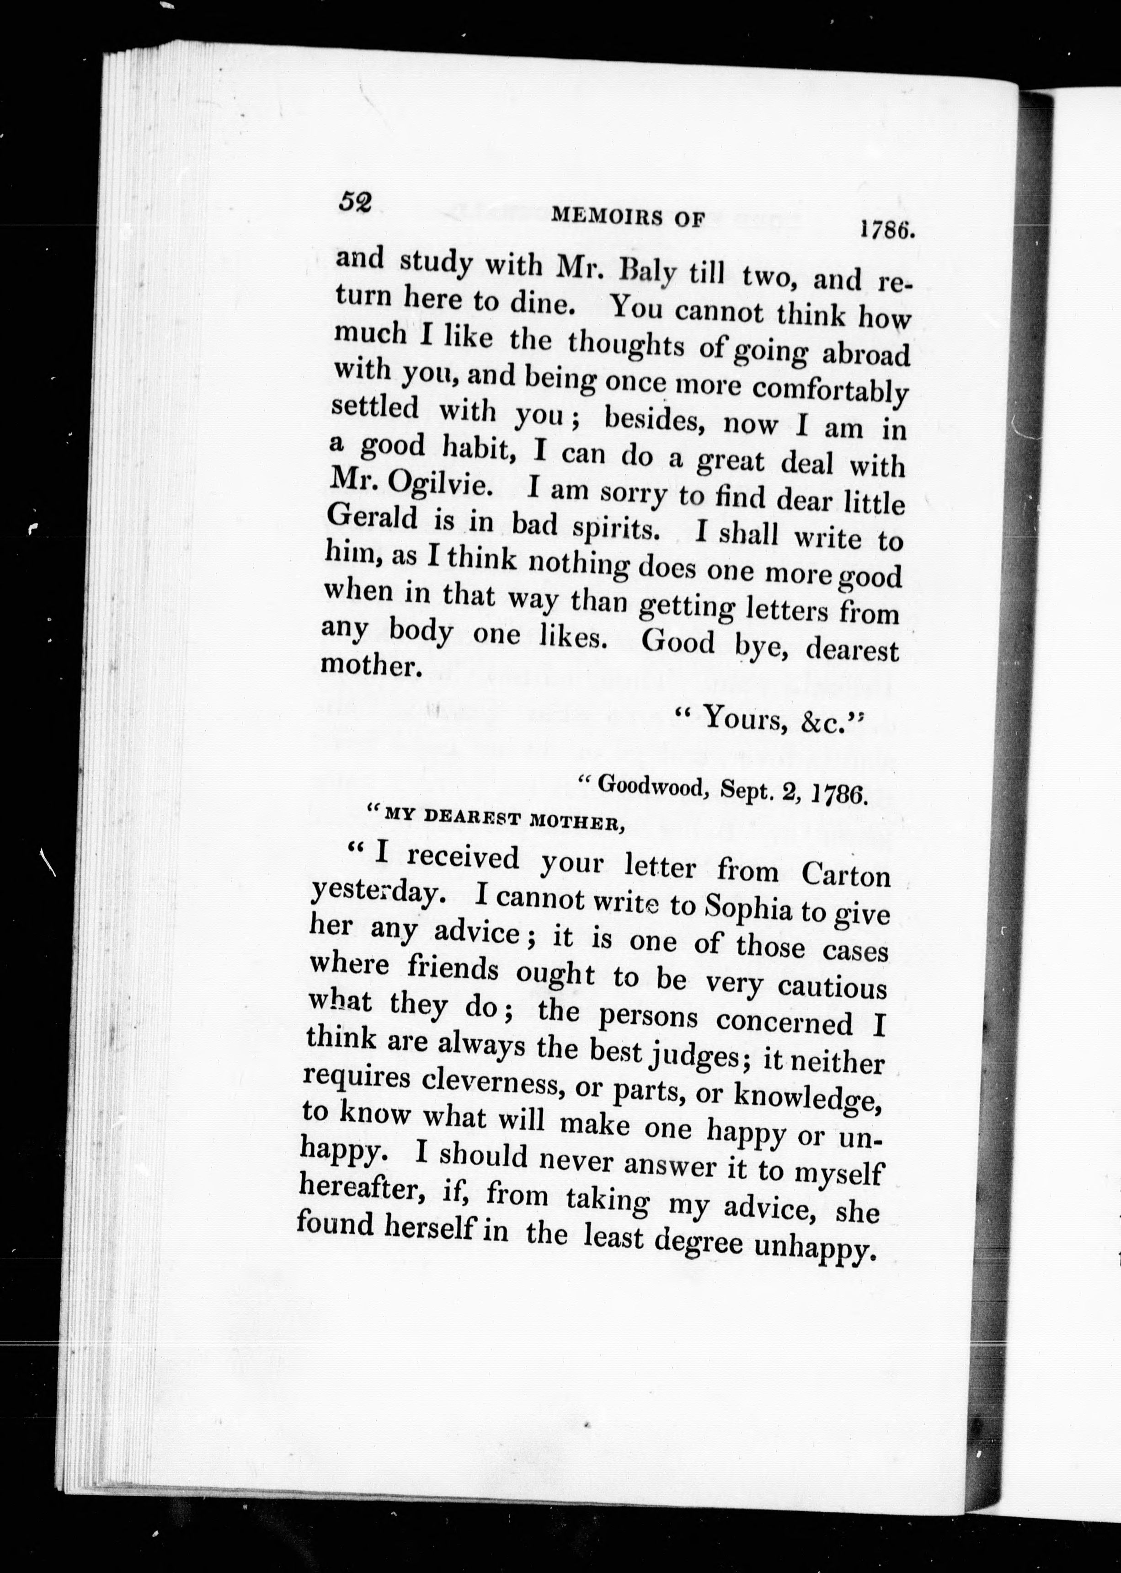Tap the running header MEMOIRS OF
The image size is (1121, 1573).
pyautogui.click(x=628, y=218)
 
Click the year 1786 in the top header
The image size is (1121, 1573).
pyautogui.click(x=887, y=229)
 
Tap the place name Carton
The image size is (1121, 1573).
pyautogui.click(x=846, y=876)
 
